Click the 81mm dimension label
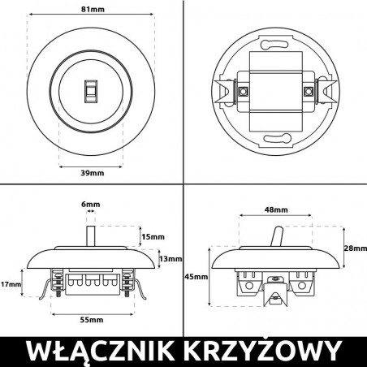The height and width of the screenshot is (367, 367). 92,10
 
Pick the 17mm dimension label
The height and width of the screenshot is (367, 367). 11,284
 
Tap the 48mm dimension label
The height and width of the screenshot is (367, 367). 276,209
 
